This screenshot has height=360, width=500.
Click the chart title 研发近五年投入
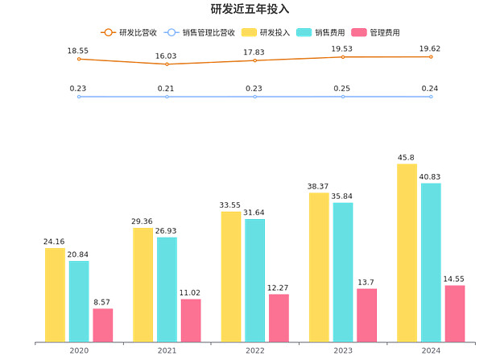pyautogui.click(x=250, y=9)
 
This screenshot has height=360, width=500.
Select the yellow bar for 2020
pyautogui.click(x=55, y=295)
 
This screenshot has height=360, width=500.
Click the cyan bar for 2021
pyautogui.click(x=167, y=289)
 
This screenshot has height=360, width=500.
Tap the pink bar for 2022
pyautogui.click(x=279, y=317)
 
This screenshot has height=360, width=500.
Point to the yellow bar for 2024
pyautogui.click(x=407, y=253)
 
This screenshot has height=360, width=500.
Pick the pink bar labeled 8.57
pyautogui.click(x=102, y=325)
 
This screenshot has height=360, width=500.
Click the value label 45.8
pyautogui.click(x=407, y=157)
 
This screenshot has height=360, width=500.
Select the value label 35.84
pyautogui.click(x=343, y=196)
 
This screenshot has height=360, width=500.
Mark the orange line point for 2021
pyautogui.click(x=167, y=64)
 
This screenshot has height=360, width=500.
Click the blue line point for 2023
pyautogui.click(x=343, y=97)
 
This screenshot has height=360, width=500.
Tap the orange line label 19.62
pyautogui.click(x=431, y=48)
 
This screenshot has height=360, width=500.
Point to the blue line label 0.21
pyautogui.click(x=167, y=88)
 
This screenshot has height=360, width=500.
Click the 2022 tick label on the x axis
pyautogui.click(x=255, y=351)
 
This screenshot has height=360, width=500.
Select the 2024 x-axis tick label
pyautogui.click(x=431, y=351)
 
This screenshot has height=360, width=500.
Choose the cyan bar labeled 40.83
pyautogui.click(x=431, y=262)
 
